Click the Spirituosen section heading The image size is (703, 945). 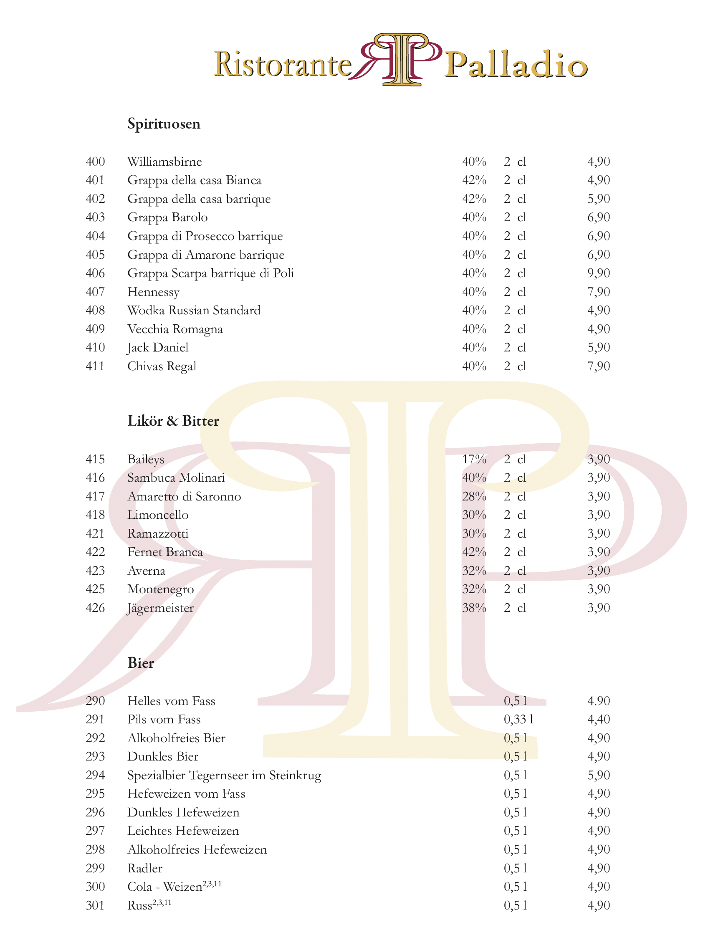(164, 124)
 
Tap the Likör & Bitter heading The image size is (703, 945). (173, 421)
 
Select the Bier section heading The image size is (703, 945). (140, 663)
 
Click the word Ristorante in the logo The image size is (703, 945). (283, 65)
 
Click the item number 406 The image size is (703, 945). (95, 273)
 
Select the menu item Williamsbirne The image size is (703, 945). (164, 162)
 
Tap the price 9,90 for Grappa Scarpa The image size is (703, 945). (598, 273)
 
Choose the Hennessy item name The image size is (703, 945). (153, 292)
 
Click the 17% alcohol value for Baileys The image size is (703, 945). (474, 459)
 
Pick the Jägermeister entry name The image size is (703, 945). (160, 608)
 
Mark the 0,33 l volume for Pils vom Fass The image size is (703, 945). (518, 720)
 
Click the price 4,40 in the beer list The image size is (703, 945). (598, 720)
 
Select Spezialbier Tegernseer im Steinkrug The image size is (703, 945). (224, 775)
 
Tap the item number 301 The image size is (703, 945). (95, 905)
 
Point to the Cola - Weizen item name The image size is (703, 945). (165, 887)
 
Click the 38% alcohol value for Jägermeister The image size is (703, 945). (474, 608)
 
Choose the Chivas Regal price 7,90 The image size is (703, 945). (598, 366)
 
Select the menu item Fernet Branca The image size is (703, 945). (165, 552)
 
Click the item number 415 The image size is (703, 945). (95, 459)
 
